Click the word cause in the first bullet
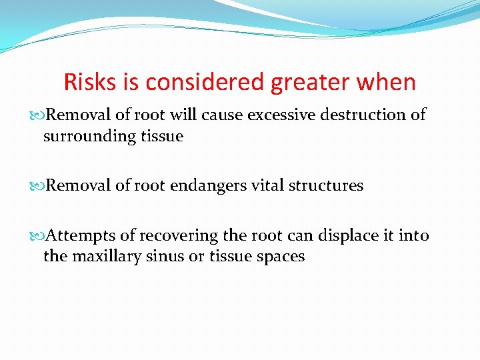[x=226, y=115]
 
